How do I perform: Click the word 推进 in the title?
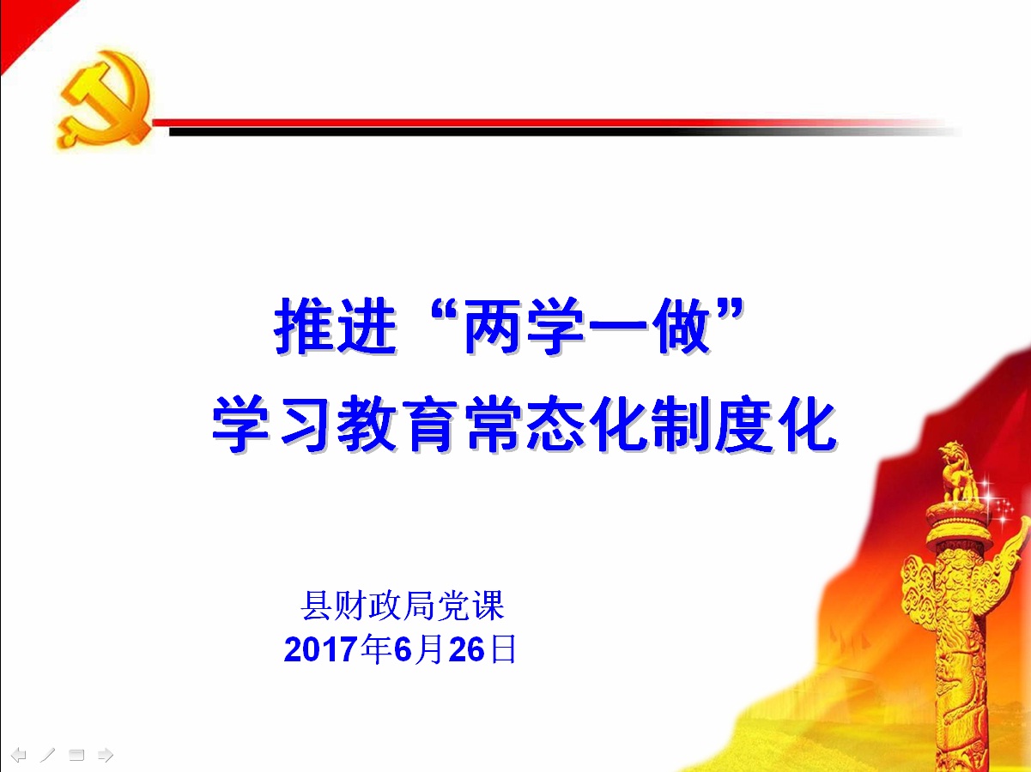(336, 326)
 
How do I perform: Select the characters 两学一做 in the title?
(587, 326)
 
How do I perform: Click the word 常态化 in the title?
(557, 424)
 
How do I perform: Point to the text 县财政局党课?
(403, 606)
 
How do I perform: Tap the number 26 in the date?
(466, 649)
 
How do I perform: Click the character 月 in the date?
(429, 649)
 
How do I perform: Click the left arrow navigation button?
(19, 755)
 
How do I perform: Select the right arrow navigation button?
(106, 755)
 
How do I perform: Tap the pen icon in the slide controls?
(47, 755)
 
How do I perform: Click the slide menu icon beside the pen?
(76, 755)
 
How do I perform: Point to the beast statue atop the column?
(958, 472)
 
